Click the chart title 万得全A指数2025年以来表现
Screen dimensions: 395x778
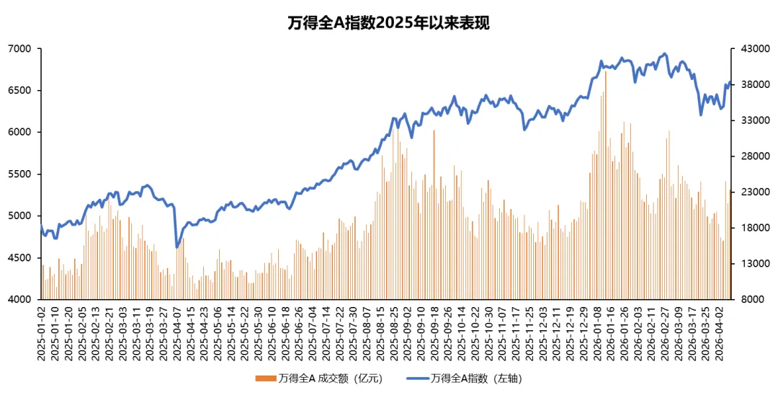[x=388, y=22]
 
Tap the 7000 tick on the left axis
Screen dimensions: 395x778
[x=22, y=48]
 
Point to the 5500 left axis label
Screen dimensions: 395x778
[x=22, y=174]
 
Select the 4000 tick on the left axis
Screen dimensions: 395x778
[x=22, y=299]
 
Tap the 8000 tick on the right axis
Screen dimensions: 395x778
[x=752, y=299]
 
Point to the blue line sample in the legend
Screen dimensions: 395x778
[x=416, y=378]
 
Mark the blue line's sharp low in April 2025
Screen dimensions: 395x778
[x=177, y=247]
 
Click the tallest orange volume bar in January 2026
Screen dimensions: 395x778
[x=606, y=71]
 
